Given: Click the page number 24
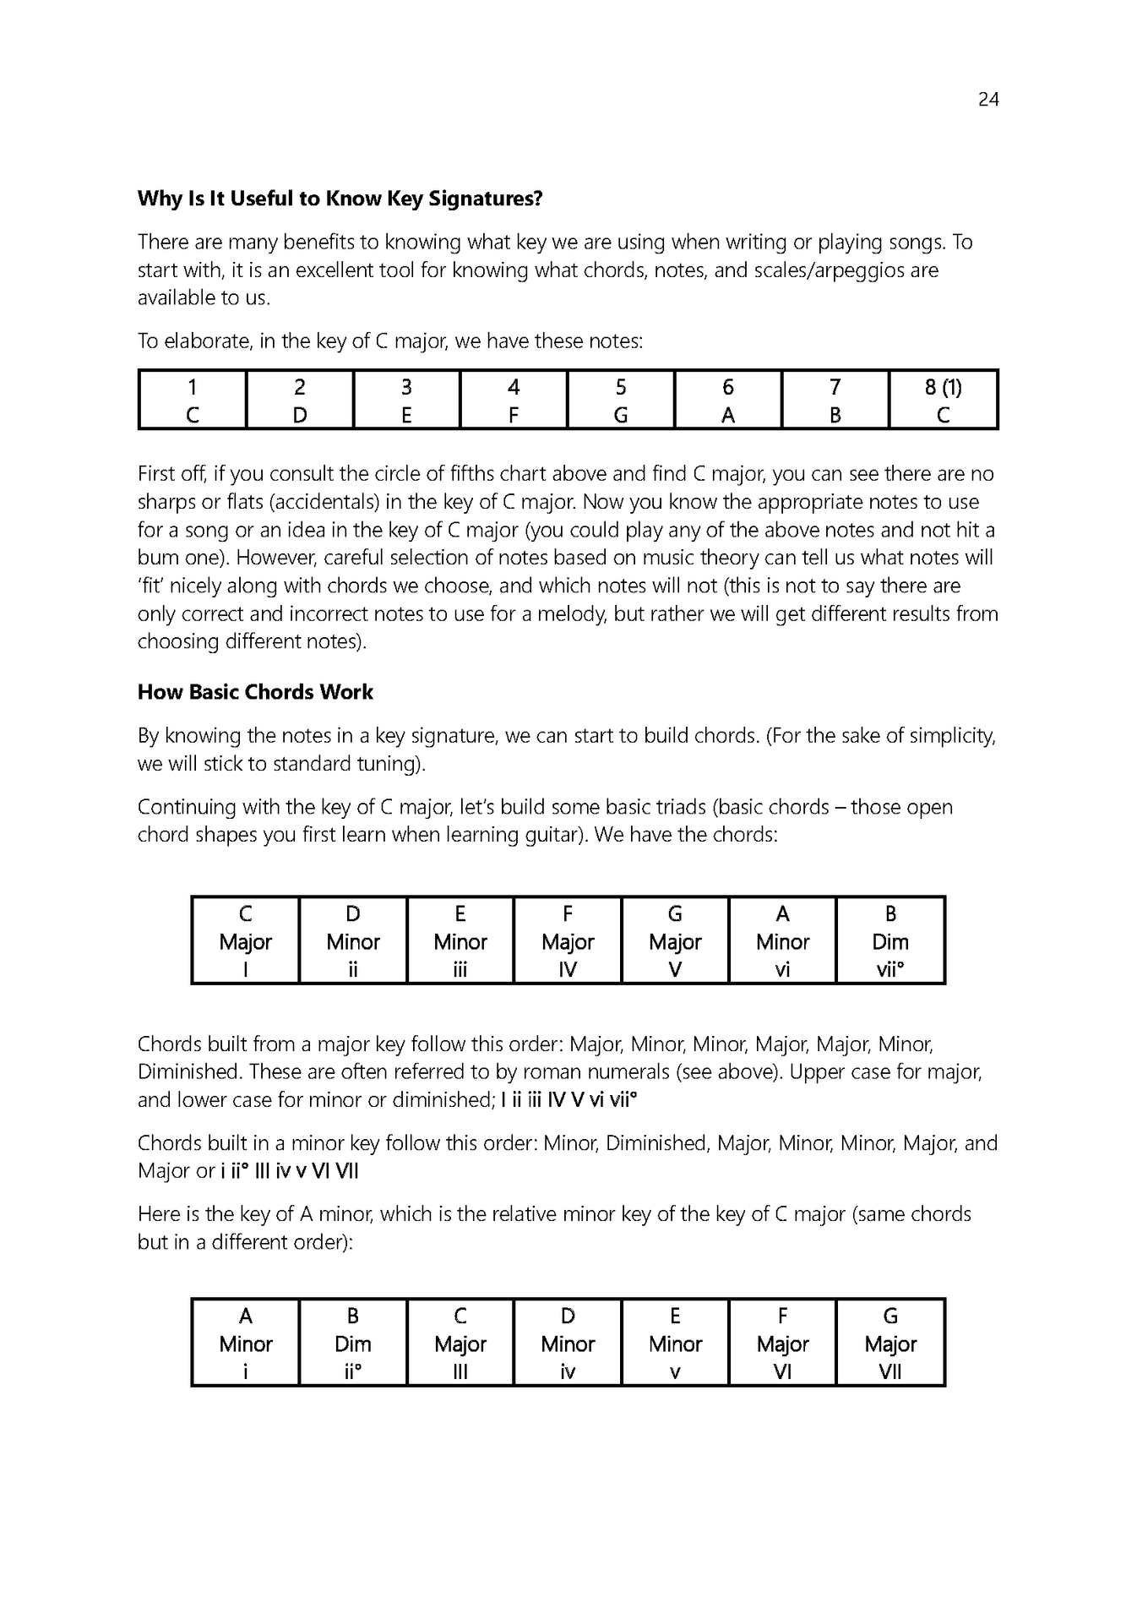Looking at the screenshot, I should pos(987,100).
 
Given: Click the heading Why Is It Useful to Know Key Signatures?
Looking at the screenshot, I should pos(340,199).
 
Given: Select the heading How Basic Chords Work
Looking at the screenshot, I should pos(255,692).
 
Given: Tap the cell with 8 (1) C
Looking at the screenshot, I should pos(943,401).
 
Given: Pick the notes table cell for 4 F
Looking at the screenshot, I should pos(513,401).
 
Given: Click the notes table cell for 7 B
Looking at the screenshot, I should pos(835,401).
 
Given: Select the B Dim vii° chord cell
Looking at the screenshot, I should pos(889,941).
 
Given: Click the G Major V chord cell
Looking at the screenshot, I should pos(674,941).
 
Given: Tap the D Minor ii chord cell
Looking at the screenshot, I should pos(353,941).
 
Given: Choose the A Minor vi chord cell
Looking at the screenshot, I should pos(782,941).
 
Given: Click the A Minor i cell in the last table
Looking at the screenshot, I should pos(246,1344).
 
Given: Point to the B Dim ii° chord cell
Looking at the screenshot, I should pos(353,1344).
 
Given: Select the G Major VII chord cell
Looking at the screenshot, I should pos(889,1344).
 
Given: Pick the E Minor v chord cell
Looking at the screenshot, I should pos(674,1344).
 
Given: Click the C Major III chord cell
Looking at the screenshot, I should pos(460,1344).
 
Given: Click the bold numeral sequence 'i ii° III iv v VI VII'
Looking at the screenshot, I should pos(290,1171).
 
